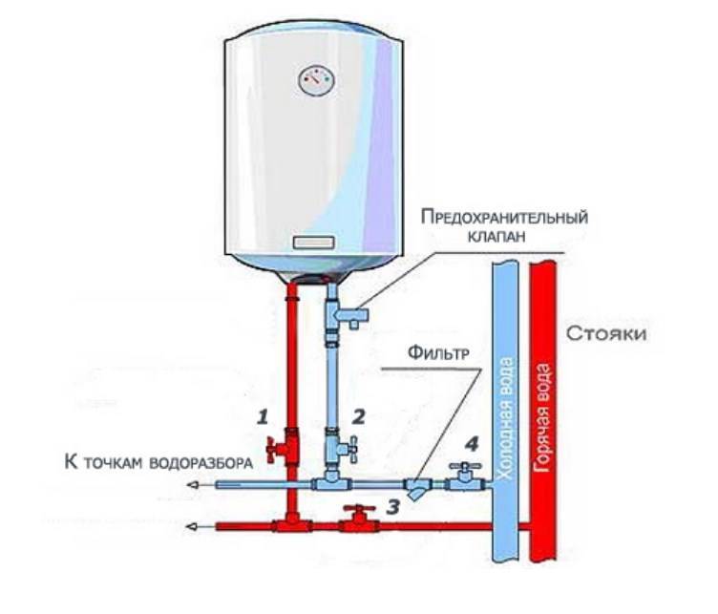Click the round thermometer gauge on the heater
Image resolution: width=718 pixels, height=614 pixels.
[x=314, y=80]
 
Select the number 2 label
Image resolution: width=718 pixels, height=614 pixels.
[x=358, y=415]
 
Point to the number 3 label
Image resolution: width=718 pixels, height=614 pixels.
[x=391, y=506]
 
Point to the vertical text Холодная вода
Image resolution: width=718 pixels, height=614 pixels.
[x=507, y=420]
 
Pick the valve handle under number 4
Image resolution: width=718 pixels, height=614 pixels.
[x=462, y=471]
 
